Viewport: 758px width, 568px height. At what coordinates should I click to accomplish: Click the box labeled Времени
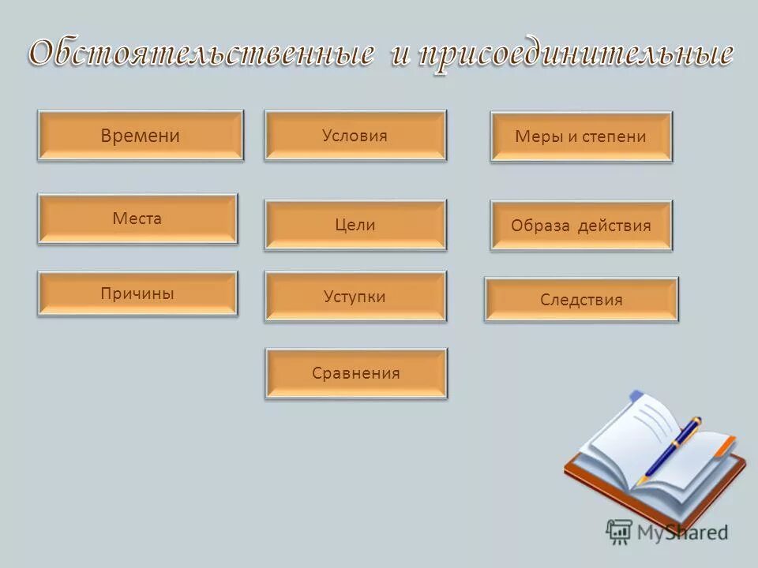pyautogui.click(x=141, y=136)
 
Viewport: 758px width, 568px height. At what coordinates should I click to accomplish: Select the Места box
pyautogui.click(x=137, y=219)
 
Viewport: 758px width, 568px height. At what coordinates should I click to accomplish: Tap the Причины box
pyautogui.click(x=137, y=293)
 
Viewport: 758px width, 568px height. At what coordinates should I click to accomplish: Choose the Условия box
pyautogui.click(x=355, y=136)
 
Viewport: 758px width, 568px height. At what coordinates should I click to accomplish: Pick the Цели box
pyautogui.click(x=355, y=225)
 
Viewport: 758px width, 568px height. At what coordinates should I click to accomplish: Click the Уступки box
pyautogui.click(x=355, y=297)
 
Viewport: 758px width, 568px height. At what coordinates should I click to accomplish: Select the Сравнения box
pyautogui.click(x=356, y=373)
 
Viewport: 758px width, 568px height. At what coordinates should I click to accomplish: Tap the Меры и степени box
pyautogui.click(x=581, y=136)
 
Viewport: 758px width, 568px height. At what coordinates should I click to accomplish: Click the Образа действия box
pyautogui.click(x=581, y=226)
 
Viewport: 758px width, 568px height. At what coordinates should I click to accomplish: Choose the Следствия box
pyautogui.click(x=581, y=300)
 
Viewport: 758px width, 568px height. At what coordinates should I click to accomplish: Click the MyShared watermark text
pyautogui.click(x=682, y=532)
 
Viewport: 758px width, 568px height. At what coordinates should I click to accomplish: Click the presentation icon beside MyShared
pyautogui.click(x=619, y=532)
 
